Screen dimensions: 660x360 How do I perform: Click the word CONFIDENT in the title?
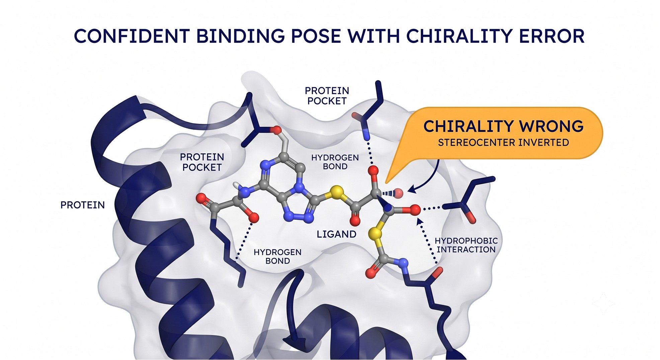(x=132, y=36)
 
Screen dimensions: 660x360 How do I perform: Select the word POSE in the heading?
(x=316, y=36)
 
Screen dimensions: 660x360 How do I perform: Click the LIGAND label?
(x=336, y=234)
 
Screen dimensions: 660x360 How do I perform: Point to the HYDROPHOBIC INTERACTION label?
(x=466, y=245)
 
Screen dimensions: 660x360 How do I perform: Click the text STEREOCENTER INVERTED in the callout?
(x=503, y=143)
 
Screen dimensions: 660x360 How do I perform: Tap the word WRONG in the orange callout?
(x=551, y=126)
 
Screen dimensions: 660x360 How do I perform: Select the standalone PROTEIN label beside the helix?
(x=83, y=205)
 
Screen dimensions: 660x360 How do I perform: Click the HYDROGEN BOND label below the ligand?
(x=277, y=257)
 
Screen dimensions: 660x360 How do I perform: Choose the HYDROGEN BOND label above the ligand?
(x=335, y=162)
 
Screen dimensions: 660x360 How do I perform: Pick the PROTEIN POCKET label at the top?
(x=327, y=96)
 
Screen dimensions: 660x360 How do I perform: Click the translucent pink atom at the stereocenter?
(x=398, y=193)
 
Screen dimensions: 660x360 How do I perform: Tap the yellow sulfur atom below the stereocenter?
(x=376, y=234)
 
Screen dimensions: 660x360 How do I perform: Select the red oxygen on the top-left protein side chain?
(x=276, y=130)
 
